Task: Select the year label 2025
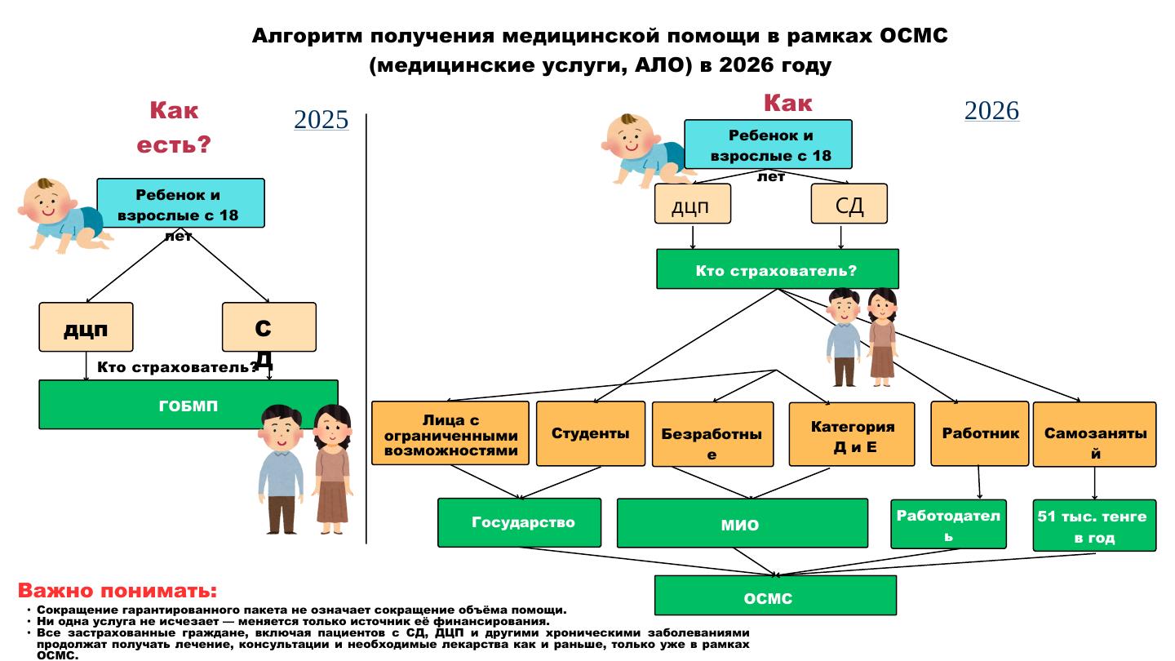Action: [321, 120]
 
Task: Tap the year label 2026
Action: [991, 111]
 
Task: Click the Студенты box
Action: [590, 433]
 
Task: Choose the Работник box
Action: [979, 433]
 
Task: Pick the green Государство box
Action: [519, 522]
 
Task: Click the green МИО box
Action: [741, 524]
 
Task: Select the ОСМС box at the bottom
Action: [774, 596]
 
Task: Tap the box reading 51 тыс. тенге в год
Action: [1093, 526]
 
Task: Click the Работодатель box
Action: [947, 524]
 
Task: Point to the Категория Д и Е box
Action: [851, 435]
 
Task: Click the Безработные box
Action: [712, 435]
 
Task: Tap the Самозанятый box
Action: [1093, 435]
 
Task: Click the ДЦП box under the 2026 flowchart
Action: [692, 204]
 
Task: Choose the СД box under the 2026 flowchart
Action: [849, 204]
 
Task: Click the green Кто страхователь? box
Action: [776, 269]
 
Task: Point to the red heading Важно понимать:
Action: [117, 591]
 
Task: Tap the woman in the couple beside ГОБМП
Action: [331, 469]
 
